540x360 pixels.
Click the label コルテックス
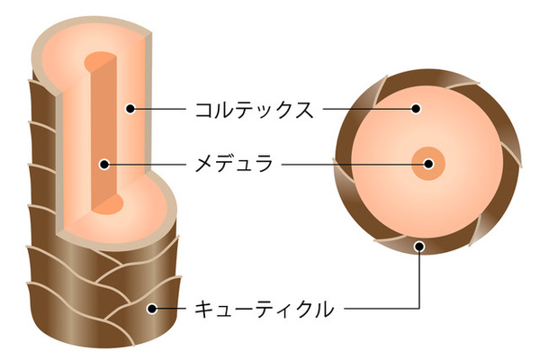point(254,109)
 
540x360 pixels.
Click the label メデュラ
point(234,163)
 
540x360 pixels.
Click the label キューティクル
point(264,309)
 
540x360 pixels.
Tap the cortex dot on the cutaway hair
point(130,109)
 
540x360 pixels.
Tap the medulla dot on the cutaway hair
point(104,165)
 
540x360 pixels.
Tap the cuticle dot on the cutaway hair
point(152,309)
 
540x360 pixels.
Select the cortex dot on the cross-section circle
point(416,109)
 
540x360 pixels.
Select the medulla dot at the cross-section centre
point(428,164)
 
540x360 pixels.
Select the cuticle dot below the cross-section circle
point(419,247)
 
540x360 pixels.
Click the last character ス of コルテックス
point(303,110)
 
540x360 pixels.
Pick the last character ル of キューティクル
point(324,309)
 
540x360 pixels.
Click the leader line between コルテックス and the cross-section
point(367,109)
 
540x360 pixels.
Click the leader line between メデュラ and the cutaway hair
point(147,165)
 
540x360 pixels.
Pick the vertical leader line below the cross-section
point(419,279)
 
